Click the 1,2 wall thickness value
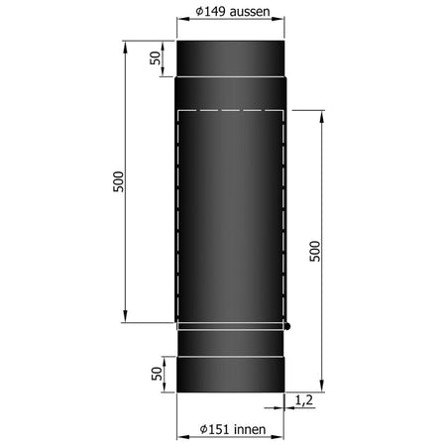[x=305, y=400]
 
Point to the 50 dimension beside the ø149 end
[x=156, y=56]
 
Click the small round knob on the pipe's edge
[x=286, y=325]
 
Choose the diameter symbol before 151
[x=201, y=430]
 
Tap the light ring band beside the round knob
[x=230, y=325]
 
